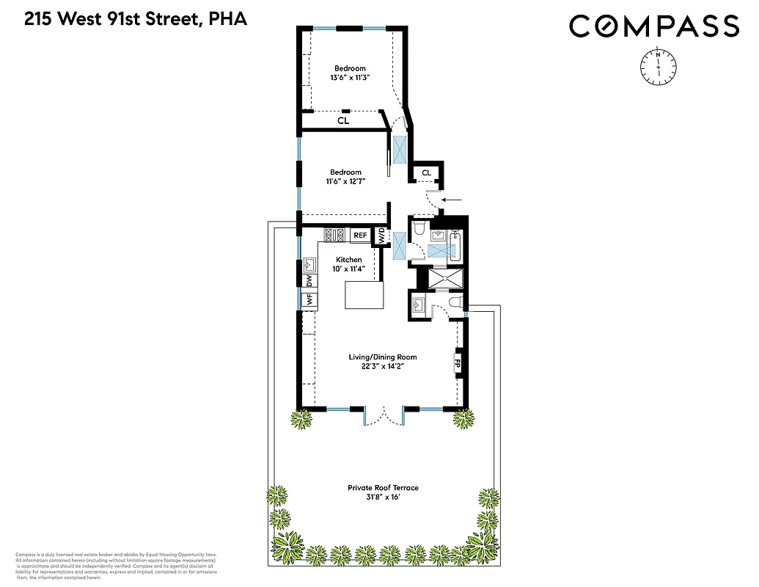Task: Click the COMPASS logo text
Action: (653, 27)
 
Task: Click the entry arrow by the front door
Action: (452, 199)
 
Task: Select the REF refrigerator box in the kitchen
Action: (359, 236)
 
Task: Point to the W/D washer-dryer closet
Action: (382, 236)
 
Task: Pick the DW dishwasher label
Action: (309, 280)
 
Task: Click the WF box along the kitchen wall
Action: (309, 299)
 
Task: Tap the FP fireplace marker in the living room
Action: (458, 362)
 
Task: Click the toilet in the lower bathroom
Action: (454, 302)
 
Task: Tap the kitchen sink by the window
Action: (309, 263)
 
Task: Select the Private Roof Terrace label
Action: (383, 487)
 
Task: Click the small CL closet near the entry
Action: (426, 173)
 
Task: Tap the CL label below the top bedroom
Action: (342, 120)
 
